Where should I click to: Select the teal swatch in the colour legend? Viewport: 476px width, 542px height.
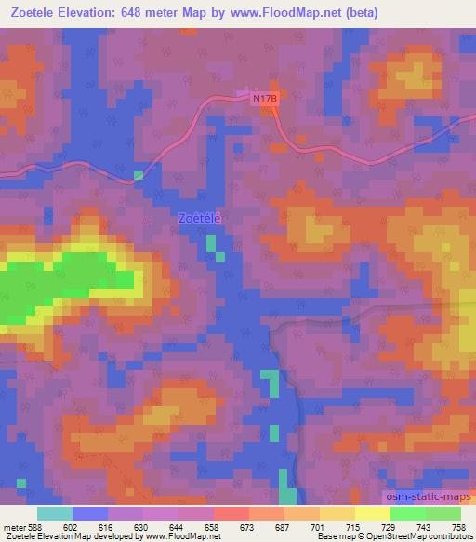click(54, 513)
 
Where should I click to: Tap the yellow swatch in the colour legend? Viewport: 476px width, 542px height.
click(373, 513)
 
